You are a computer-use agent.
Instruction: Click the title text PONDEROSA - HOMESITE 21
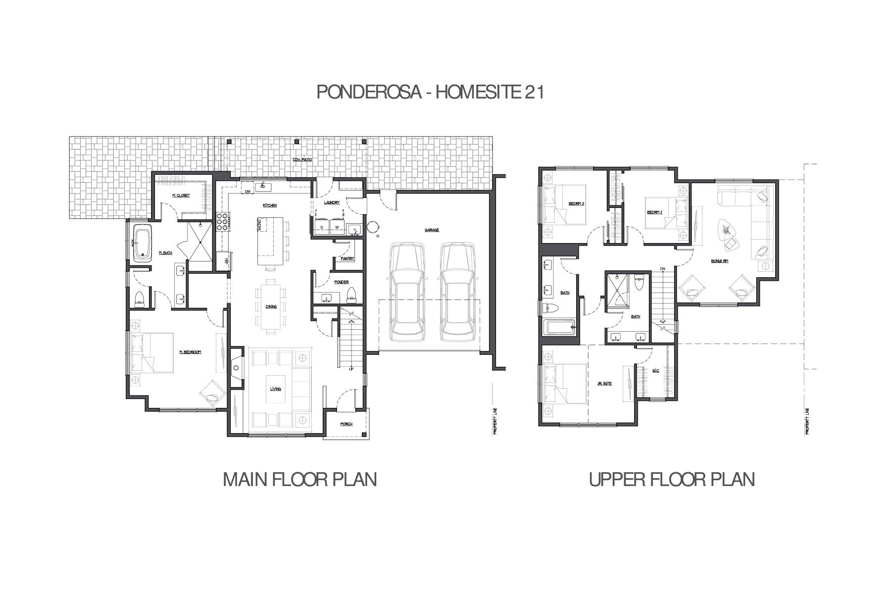pyautogui.click(x=430, y=92)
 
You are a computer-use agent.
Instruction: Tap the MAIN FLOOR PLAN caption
pyautogui.click(x=300, y=479)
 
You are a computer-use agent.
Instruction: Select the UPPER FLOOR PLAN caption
pyautogui.click(x=672, y=479)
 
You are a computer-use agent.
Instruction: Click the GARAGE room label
pyautogui.click(x=432, y=230)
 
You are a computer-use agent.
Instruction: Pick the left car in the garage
pyautogui.click(x=407, y=292)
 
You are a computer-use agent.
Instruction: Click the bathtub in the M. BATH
pyautogui.click(x=143, y=243)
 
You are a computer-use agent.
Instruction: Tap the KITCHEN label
pyautogui.click(x=270, y=205)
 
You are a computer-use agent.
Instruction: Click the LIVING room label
pyautogui.click(x=275, y=389)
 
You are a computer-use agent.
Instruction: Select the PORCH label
pyautogui.click(x=346, y=424)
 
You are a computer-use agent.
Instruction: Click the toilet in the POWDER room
pyautogui.click(x=351, y=294)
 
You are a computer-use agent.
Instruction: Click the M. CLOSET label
pyautogui.click(x=181, y=196)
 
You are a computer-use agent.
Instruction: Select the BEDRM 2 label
pyautogui.click(x=654, y=212)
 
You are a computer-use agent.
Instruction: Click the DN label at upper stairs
pyautogui.click(x=662, y=269)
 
